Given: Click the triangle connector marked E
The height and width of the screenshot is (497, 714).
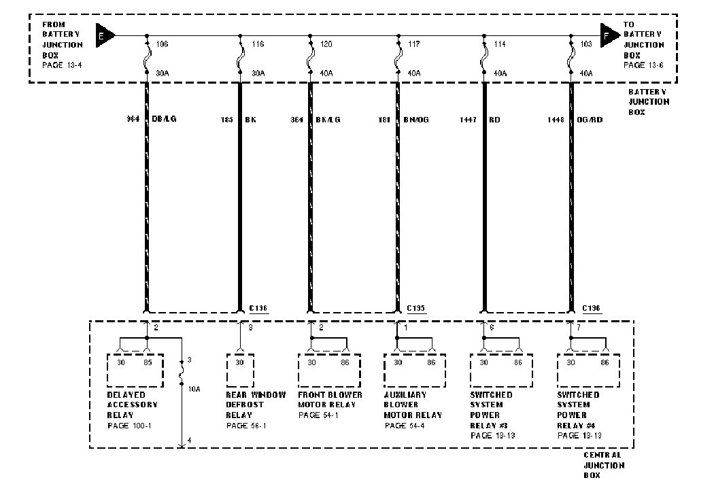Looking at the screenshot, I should [104, 34].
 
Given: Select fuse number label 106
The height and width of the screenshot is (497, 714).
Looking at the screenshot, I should [162, 44].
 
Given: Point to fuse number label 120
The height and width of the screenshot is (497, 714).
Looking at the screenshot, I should [326, 44].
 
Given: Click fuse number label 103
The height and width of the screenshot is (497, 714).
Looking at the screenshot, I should [586, 44].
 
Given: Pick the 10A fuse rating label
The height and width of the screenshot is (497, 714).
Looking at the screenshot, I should [194, 389].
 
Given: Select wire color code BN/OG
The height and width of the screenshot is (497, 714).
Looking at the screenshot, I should [416, 119].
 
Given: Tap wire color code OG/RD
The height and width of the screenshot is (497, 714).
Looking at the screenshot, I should [590, 119].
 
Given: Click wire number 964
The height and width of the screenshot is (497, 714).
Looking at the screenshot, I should [133, 119].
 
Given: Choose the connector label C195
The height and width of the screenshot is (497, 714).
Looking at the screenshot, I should [416, 308].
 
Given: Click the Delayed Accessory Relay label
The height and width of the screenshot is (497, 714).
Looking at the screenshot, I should [133, 405].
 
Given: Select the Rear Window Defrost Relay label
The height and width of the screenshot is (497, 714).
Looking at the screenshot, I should [256, 405].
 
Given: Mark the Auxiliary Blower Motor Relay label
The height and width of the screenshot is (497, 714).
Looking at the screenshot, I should [413, 405].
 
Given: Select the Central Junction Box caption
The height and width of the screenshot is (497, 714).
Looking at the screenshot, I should [604, 466].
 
